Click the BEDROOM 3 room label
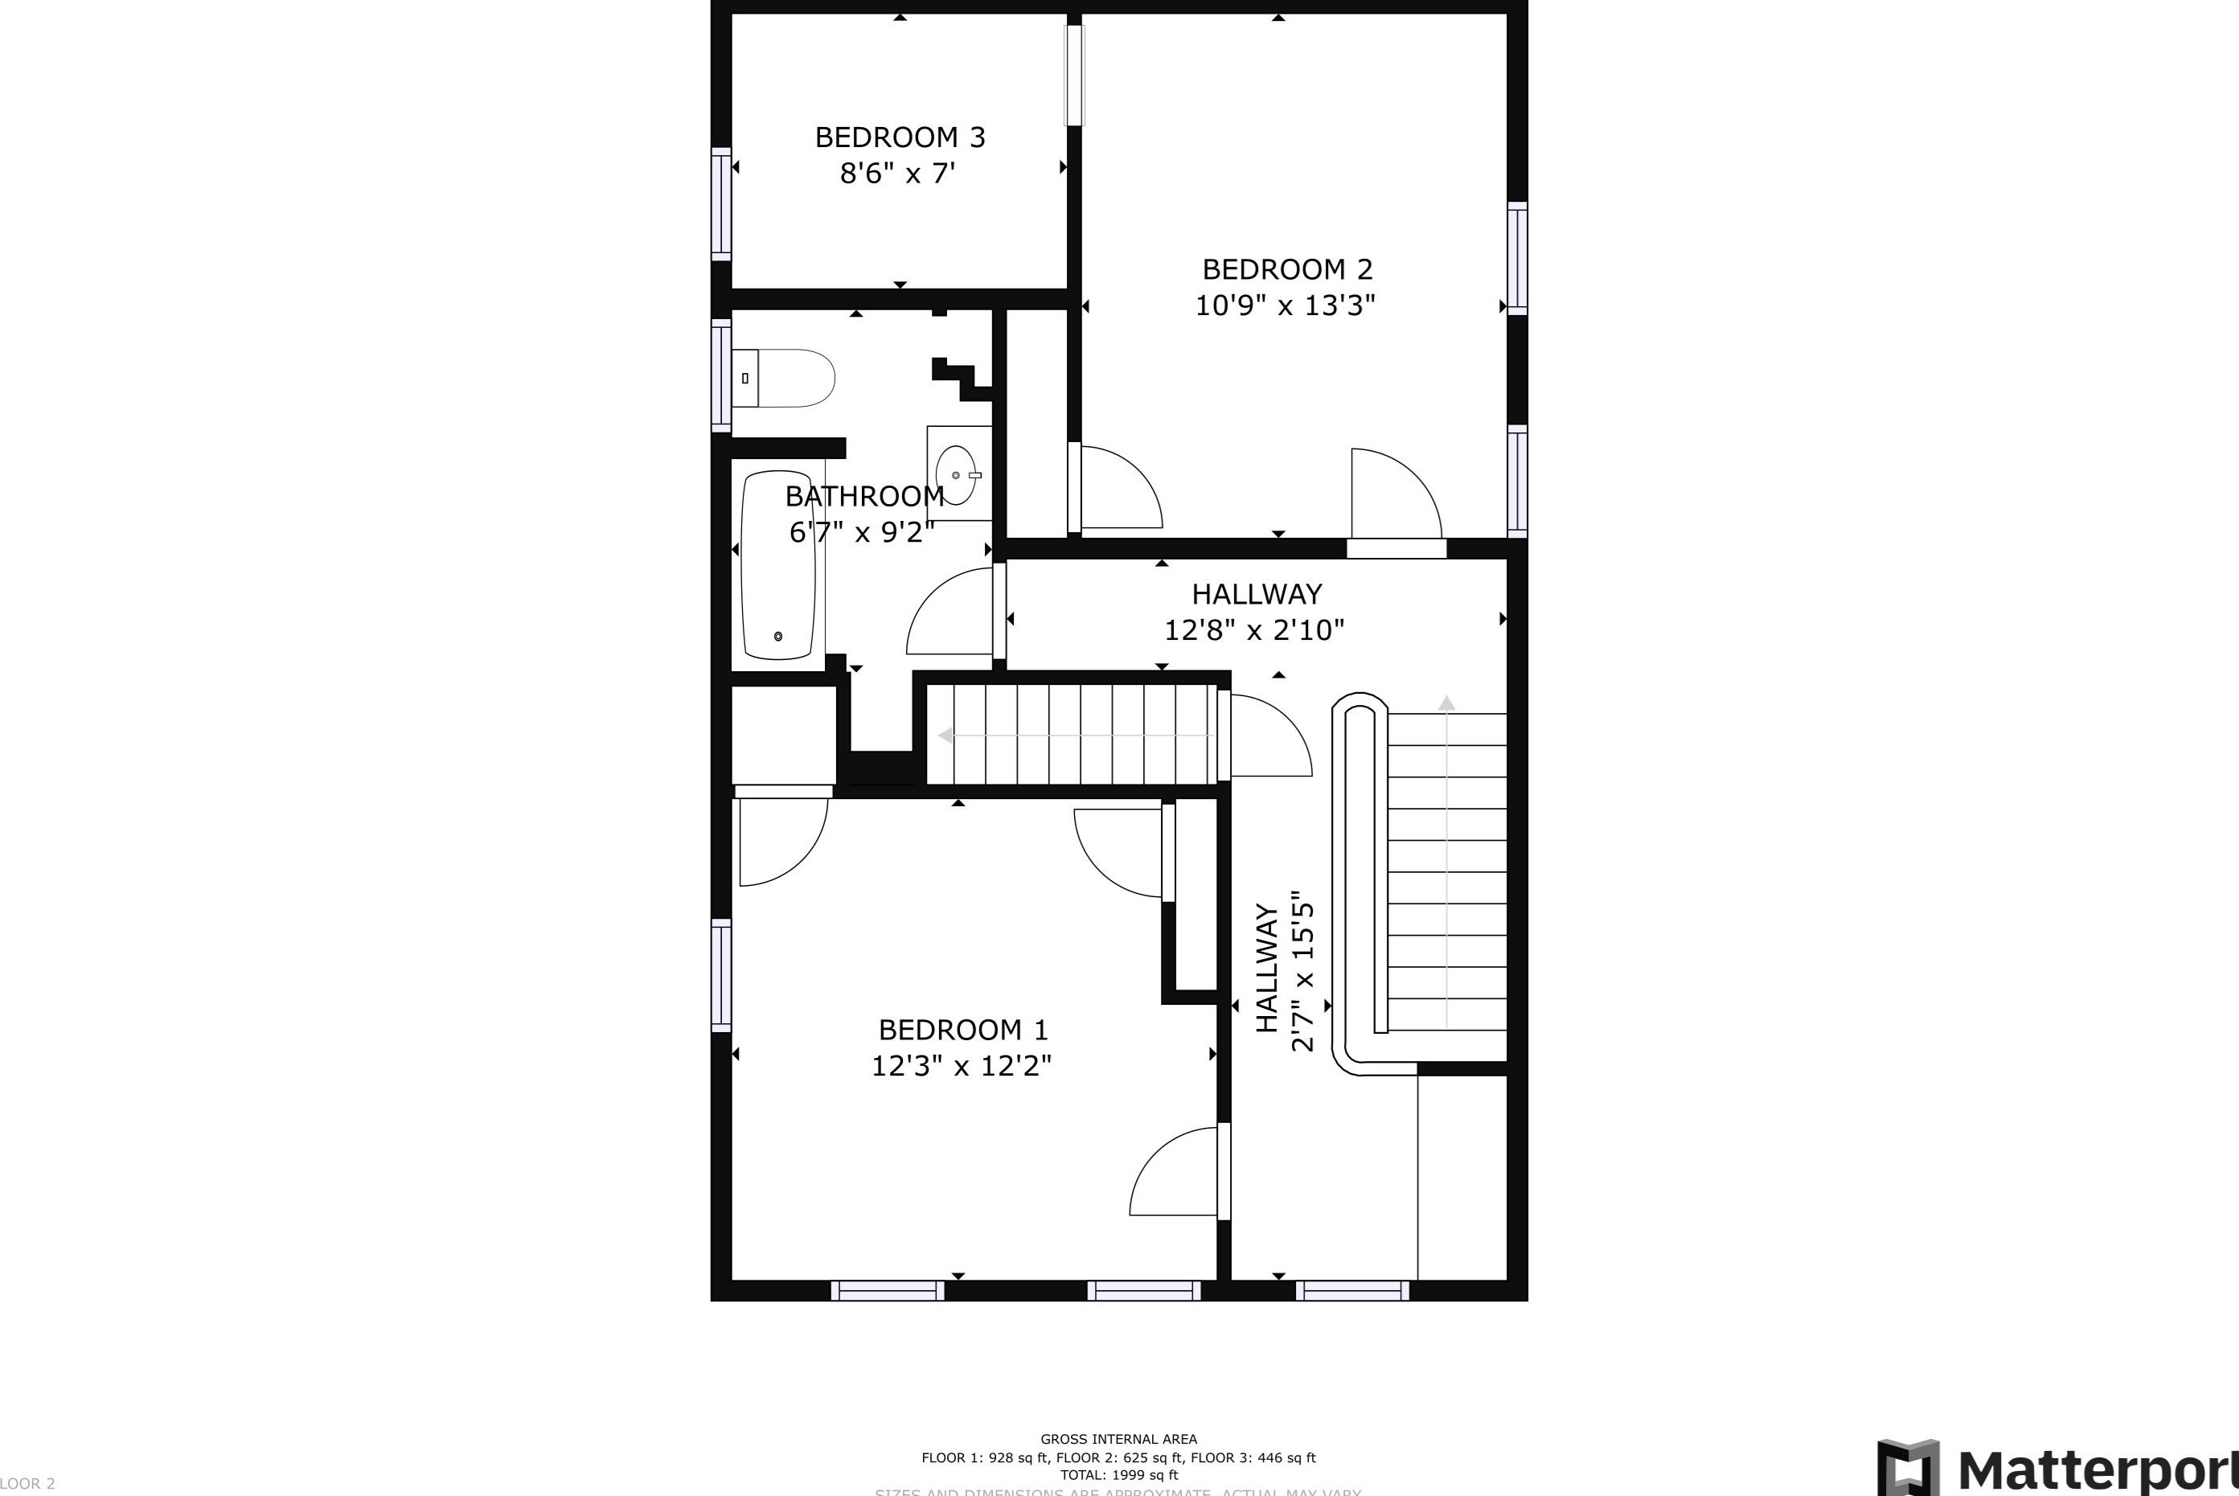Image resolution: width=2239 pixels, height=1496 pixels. tap(899, 137)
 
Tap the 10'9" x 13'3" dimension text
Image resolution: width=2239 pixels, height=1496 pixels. tap(1285, 306)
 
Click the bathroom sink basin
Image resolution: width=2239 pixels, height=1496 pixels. tap(956, 474)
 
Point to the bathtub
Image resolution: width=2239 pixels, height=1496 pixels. tap(778, 565)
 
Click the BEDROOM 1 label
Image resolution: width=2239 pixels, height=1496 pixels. tap(962, 1031)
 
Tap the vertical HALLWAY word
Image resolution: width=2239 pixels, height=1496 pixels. tap(1266, 969)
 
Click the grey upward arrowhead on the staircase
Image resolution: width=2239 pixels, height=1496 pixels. tap(1446, 703)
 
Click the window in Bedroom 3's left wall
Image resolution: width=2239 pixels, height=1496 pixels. tap(721, 203)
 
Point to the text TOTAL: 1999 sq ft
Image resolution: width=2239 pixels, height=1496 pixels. tap(1118, 1474)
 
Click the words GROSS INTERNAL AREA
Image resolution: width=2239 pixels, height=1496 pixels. tap(1118, 1440)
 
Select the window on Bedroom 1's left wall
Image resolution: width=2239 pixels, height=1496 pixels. tap(721, 975)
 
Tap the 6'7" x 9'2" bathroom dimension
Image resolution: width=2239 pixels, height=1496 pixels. tap(860, 532)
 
